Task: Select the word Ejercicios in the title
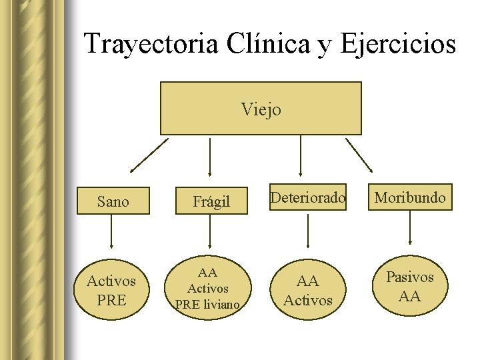coord(398,44)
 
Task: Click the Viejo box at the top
coord(261,109)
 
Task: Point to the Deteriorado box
coord(308,197)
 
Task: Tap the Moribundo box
coord(410,197)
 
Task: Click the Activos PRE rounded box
coord(111,291)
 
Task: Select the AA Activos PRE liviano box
coord(208,288)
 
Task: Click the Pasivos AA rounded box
coord(410,286)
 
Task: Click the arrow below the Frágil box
coord(210,233)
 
